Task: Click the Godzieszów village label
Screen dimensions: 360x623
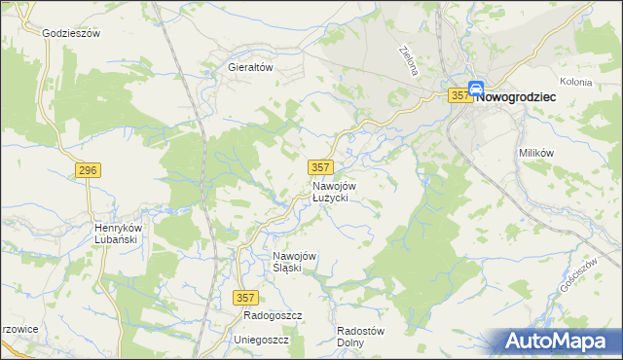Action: (73, 32)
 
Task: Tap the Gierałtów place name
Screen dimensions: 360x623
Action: (248, 68)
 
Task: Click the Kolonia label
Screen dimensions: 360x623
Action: (576, 82)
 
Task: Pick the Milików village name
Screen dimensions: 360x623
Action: (536, 154)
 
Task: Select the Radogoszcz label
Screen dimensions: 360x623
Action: (274, 317)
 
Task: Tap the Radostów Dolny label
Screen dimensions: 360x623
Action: (360, 336)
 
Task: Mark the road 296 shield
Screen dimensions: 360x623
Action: (88, 170)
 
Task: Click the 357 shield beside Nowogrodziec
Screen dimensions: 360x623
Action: (460, 95)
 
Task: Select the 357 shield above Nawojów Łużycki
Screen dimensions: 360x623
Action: (321, 167)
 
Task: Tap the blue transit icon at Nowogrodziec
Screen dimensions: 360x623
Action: (477, 89)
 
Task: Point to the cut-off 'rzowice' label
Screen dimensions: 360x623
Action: (19, 329)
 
